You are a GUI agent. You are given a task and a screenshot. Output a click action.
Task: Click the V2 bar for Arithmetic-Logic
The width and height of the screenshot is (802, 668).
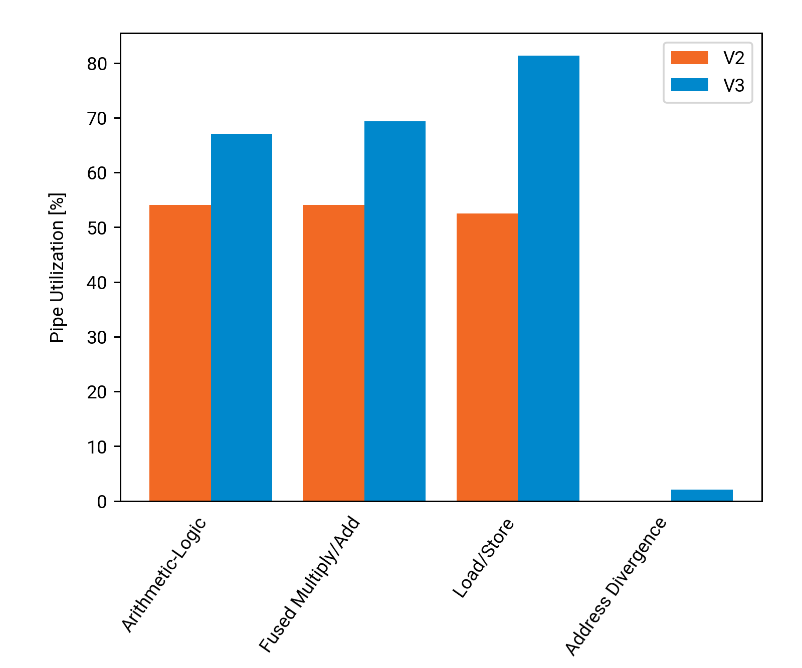point(180,353)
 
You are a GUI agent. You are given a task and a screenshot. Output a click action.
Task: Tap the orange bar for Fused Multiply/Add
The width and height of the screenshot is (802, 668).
point(333,353)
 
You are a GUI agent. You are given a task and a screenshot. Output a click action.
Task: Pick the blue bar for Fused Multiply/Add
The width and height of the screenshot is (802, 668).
point(395,311)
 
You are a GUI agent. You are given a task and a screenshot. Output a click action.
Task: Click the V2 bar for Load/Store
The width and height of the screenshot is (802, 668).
point(487,357)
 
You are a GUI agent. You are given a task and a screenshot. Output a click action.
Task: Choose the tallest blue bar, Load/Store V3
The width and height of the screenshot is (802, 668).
point(548,278)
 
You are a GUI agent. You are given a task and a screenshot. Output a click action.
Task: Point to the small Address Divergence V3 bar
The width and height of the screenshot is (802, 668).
point(702,495)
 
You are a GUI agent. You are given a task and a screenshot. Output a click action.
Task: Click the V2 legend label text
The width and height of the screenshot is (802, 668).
point(734,58)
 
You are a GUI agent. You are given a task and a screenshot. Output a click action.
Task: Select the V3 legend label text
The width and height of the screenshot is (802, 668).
point(734,86)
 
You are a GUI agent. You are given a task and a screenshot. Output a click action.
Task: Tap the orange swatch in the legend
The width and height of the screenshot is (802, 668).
point(690,58)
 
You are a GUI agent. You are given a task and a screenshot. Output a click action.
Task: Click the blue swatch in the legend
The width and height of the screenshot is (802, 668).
point(690,85)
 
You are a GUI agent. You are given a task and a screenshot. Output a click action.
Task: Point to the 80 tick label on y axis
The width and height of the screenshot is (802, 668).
point(97,64)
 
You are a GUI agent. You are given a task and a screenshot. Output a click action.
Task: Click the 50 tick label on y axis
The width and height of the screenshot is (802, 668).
point(97,228)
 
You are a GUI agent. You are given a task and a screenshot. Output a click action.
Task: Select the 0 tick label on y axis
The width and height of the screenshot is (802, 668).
point(102,502)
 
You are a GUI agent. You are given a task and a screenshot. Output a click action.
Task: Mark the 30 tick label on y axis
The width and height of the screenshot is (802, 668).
point(97,337)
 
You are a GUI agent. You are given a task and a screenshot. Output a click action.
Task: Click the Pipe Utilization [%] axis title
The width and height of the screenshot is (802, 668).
point(58,268)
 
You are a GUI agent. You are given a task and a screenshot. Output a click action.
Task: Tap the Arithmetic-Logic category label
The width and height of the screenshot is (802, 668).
point(164,575)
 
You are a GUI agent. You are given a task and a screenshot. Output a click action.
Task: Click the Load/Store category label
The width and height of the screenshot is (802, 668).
point(483,558)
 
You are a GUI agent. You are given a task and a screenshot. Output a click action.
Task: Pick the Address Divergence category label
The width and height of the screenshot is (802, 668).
point(616,586)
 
